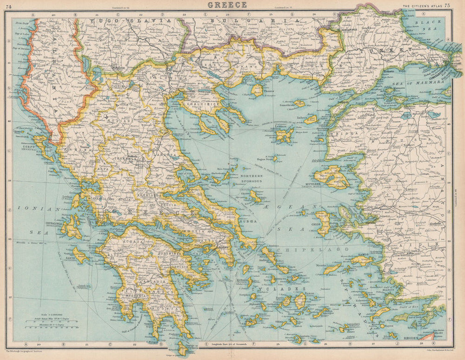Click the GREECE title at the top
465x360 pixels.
coord(227,5)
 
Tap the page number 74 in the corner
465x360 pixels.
coord(9,5)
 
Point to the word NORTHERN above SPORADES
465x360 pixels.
coord(251,177)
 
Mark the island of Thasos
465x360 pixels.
coord(257,90)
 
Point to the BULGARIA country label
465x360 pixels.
coord(228,21)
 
